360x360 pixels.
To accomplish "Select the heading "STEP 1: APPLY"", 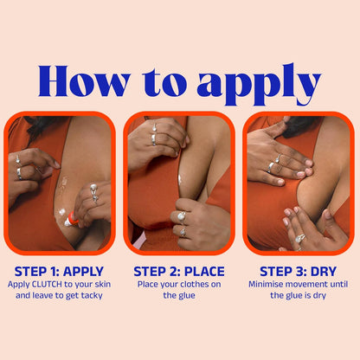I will [x=59, y=271].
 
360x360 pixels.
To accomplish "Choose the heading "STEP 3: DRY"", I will [x=299, y=271].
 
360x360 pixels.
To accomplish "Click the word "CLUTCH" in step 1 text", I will [x=51, y=283].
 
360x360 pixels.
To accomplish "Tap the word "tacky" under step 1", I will [x=94, y=295].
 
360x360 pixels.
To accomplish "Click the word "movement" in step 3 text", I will [x=312, y=283].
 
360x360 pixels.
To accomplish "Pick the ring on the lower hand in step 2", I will [x=181, y=215].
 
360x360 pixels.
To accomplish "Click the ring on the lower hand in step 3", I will [x=299, y=238].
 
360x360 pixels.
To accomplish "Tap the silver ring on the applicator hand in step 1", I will [x=93, y=190].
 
